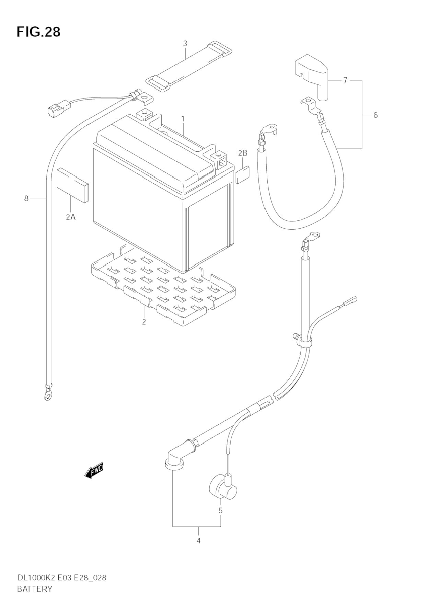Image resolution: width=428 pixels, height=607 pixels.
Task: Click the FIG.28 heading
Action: [x=38, y=32]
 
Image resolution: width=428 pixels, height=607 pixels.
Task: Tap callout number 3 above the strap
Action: [x=185, y=44]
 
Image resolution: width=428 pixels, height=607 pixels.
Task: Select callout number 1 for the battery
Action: [x=183, y=119]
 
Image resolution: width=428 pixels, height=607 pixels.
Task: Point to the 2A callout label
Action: [x=71, y=217]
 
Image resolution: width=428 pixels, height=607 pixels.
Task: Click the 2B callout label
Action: [x=243, y=153]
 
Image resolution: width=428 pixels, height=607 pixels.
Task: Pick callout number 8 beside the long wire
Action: [x=26, y=198]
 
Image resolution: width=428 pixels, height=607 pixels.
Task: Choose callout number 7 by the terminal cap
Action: [x=345, y=80]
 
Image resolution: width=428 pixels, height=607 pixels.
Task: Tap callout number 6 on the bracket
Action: [x=375, y=115]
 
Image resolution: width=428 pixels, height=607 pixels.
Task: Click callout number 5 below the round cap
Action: [x=220, y=511]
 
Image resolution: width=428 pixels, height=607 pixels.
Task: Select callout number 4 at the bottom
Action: [x=198, y=541]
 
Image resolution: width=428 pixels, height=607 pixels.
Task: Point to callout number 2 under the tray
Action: [x=144, y=322]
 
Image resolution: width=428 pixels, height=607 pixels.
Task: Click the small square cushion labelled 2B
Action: [x=243, y=175]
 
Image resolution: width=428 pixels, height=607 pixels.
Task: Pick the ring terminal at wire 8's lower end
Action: [x=47, y=393]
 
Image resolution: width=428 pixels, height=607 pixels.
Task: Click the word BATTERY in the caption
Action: [x=34, y=589]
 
